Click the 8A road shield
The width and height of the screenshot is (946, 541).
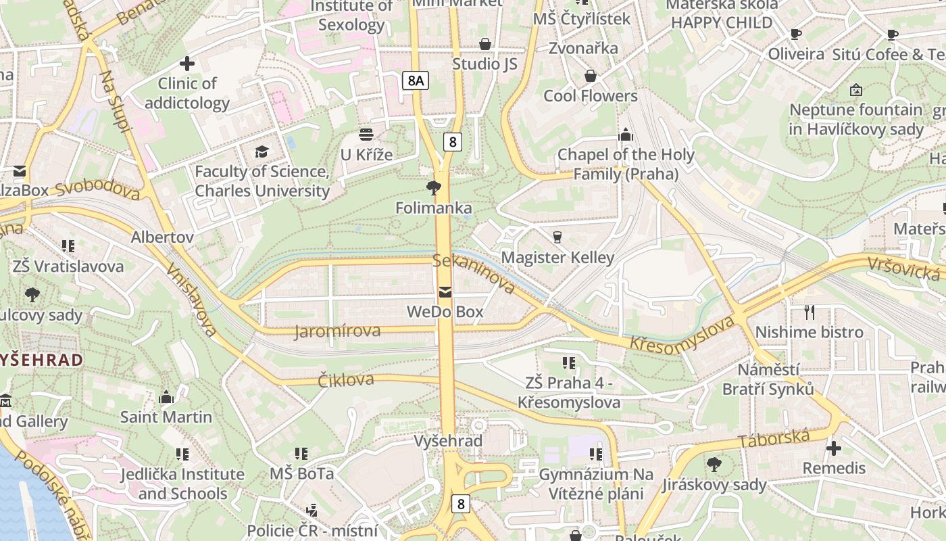coord(416,81)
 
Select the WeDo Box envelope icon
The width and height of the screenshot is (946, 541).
coord(445,292)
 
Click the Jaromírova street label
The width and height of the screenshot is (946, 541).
coord(337,331)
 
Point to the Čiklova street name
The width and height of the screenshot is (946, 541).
coord(346,379)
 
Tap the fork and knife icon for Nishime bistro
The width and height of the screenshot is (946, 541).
coord(809,312)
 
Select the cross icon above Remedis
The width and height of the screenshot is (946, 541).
coord(834,448)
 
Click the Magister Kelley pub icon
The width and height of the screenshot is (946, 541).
coord(557,237)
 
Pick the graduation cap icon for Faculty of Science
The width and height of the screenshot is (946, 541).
coord(262,151)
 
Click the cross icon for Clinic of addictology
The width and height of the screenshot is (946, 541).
coord(187,64)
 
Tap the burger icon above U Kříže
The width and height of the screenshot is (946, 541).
coord(366,135)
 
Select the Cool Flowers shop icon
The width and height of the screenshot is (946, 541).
coord(591,76)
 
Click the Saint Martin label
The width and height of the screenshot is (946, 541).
coord(166,417)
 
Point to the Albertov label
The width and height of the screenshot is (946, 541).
coord(162,237)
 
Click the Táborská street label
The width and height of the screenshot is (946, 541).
coord(774,439)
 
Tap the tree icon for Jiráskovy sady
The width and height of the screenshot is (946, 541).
coord(714,465)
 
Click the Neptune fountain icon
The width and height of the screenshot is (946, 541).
coord(856,89)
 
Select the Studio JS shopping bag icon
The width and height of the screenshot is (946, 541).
coord(484,44)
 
